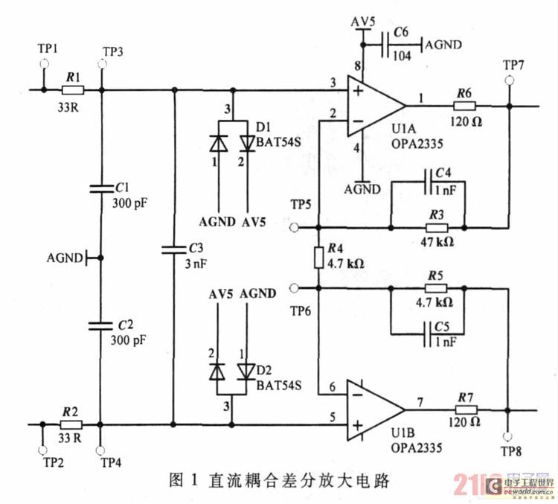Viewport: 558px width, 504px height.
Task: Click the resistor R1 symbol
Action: (x=72, y=91)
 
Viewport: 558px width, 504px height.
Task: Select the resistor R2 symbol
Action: (x=72, y=425)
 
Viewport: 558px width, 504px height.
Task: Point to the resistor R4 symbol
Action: (x=318, y=258)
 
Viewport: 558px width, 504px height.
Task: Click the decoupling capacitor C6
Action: (x=386, y=45)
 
